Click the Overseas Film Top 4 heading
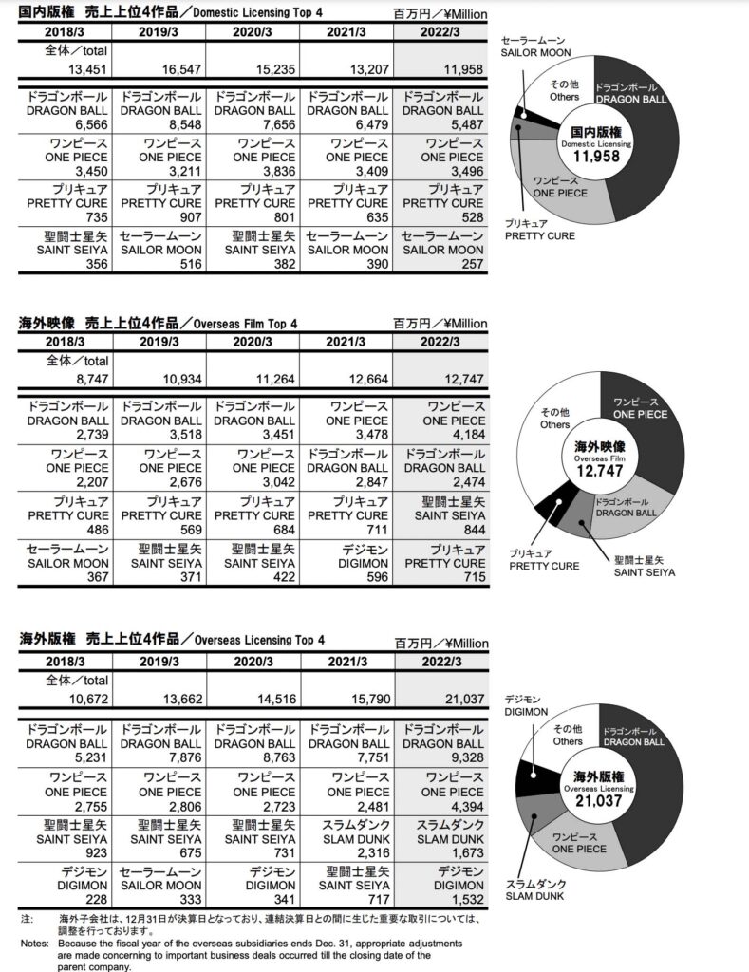159,323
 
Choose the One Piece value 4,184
464,435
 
